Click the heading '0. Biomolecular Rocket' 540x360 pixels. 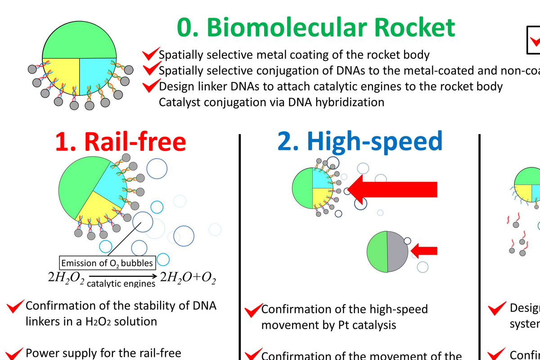click(315, 28)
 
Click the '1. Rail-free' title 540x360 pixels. click(120, 141)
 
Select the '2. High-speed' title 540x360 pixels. click(360, 141)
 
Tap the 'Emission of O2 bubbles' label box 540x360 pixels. click(108, 263)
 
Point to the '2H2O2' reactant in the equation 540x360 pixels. click(66, 277)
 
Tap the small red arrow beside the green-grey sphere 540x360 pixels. click(425, 250)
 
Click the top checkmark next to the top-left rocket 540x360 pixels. click(151, 54)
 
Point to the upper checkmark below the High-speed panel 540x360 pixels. click(253, 310)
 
